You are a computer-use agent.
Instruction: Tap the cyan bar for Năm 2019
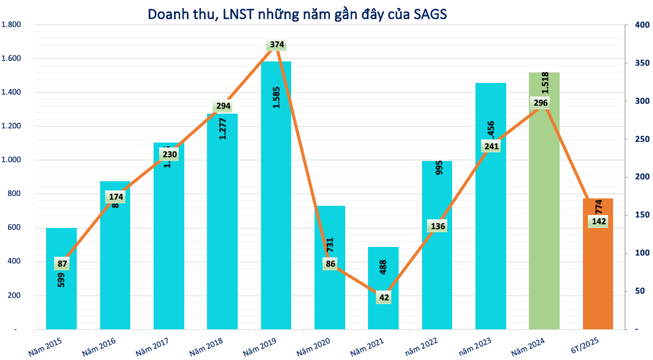[x=276, y=215]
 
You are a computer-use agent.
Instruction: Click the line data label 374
[x=276, y=45]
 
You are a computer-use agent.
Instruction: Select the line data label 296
[x=541, y=103]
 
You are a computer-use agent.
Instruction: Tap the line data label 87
[x=61, y=264]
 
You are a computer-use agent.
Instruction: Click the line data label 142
[x=598, y=222]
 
